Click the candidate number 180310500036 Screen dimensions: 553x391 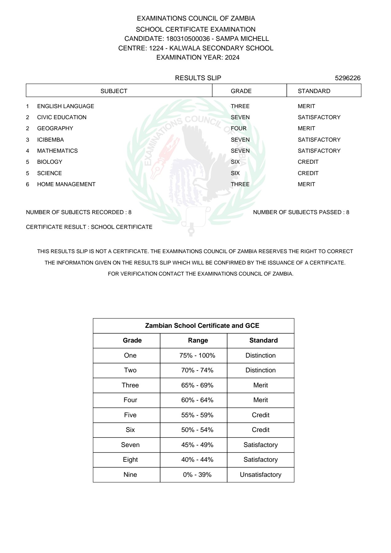188,39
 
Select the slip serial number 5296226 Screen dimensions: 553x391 347,78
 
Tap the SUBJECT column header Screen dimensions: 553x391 114,91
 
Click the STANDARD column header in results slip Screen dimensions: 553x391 314,91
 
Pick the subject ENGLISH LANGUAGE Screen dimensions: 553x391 65,106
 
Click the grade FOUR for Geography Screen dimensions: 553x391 239,128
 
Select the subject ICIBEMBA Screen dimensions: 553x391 50,140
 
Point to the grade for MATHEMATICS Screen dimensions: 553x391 240,151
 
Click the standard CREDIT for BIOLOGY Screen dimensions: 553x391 308,162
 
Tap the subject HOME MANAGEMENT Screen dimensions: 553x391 66,184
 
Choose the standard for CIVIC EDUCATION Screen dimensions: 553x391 319,117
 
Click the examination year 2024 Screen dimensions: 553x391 232,57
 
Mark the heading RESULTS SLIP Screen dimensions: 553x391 198,78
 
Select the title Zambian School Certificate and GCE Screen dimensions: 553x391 202,326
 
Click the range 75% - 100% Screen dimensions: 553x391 197,355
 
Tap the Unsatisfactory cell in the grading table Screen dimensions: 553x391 260,475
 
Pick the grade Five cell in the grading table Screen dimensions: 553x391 130,415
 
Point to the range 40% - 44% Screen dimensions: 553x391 197,460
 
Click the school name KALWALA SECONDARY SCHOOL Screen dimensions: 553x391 221,48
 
